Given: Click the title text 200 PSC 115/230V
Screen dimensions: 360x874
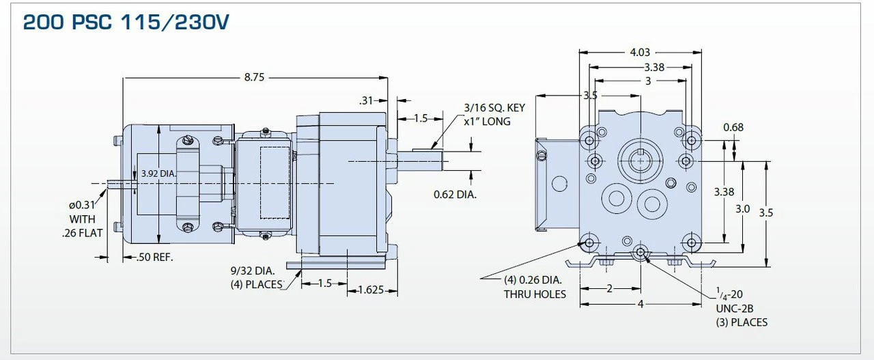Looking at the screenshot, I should [126, 23].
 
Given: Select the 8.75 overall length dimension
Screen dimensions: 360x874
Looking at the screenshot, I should [254, 77].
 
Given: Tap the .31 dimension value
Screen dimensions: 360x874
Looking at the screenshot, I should [367, 100].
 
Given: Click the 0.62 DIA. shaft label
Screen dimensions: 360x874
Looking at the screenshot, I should [455, 195].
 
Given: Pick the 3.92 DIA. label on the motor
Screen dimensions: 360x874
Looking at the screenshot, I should [158, 174].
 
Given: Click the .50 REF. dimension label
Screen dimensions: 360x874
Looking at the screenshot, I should [154, 258].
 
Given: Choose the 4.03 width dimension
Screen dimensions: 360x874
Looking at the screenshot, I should [640, 51].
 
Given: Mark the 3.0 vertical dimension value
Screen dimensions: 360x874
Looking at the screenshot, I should [742, 208].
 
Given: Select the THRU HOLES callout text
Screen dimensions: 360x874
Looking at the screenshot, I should [535, 294].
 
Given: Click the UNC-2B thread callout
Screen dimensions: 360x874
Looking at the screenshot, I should [734, 308].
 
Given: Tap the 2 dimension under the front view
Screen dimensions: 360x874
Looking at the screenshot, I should [609, 288].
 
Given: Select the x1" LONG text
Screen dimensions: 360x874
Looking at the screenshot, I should [487, 122].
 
